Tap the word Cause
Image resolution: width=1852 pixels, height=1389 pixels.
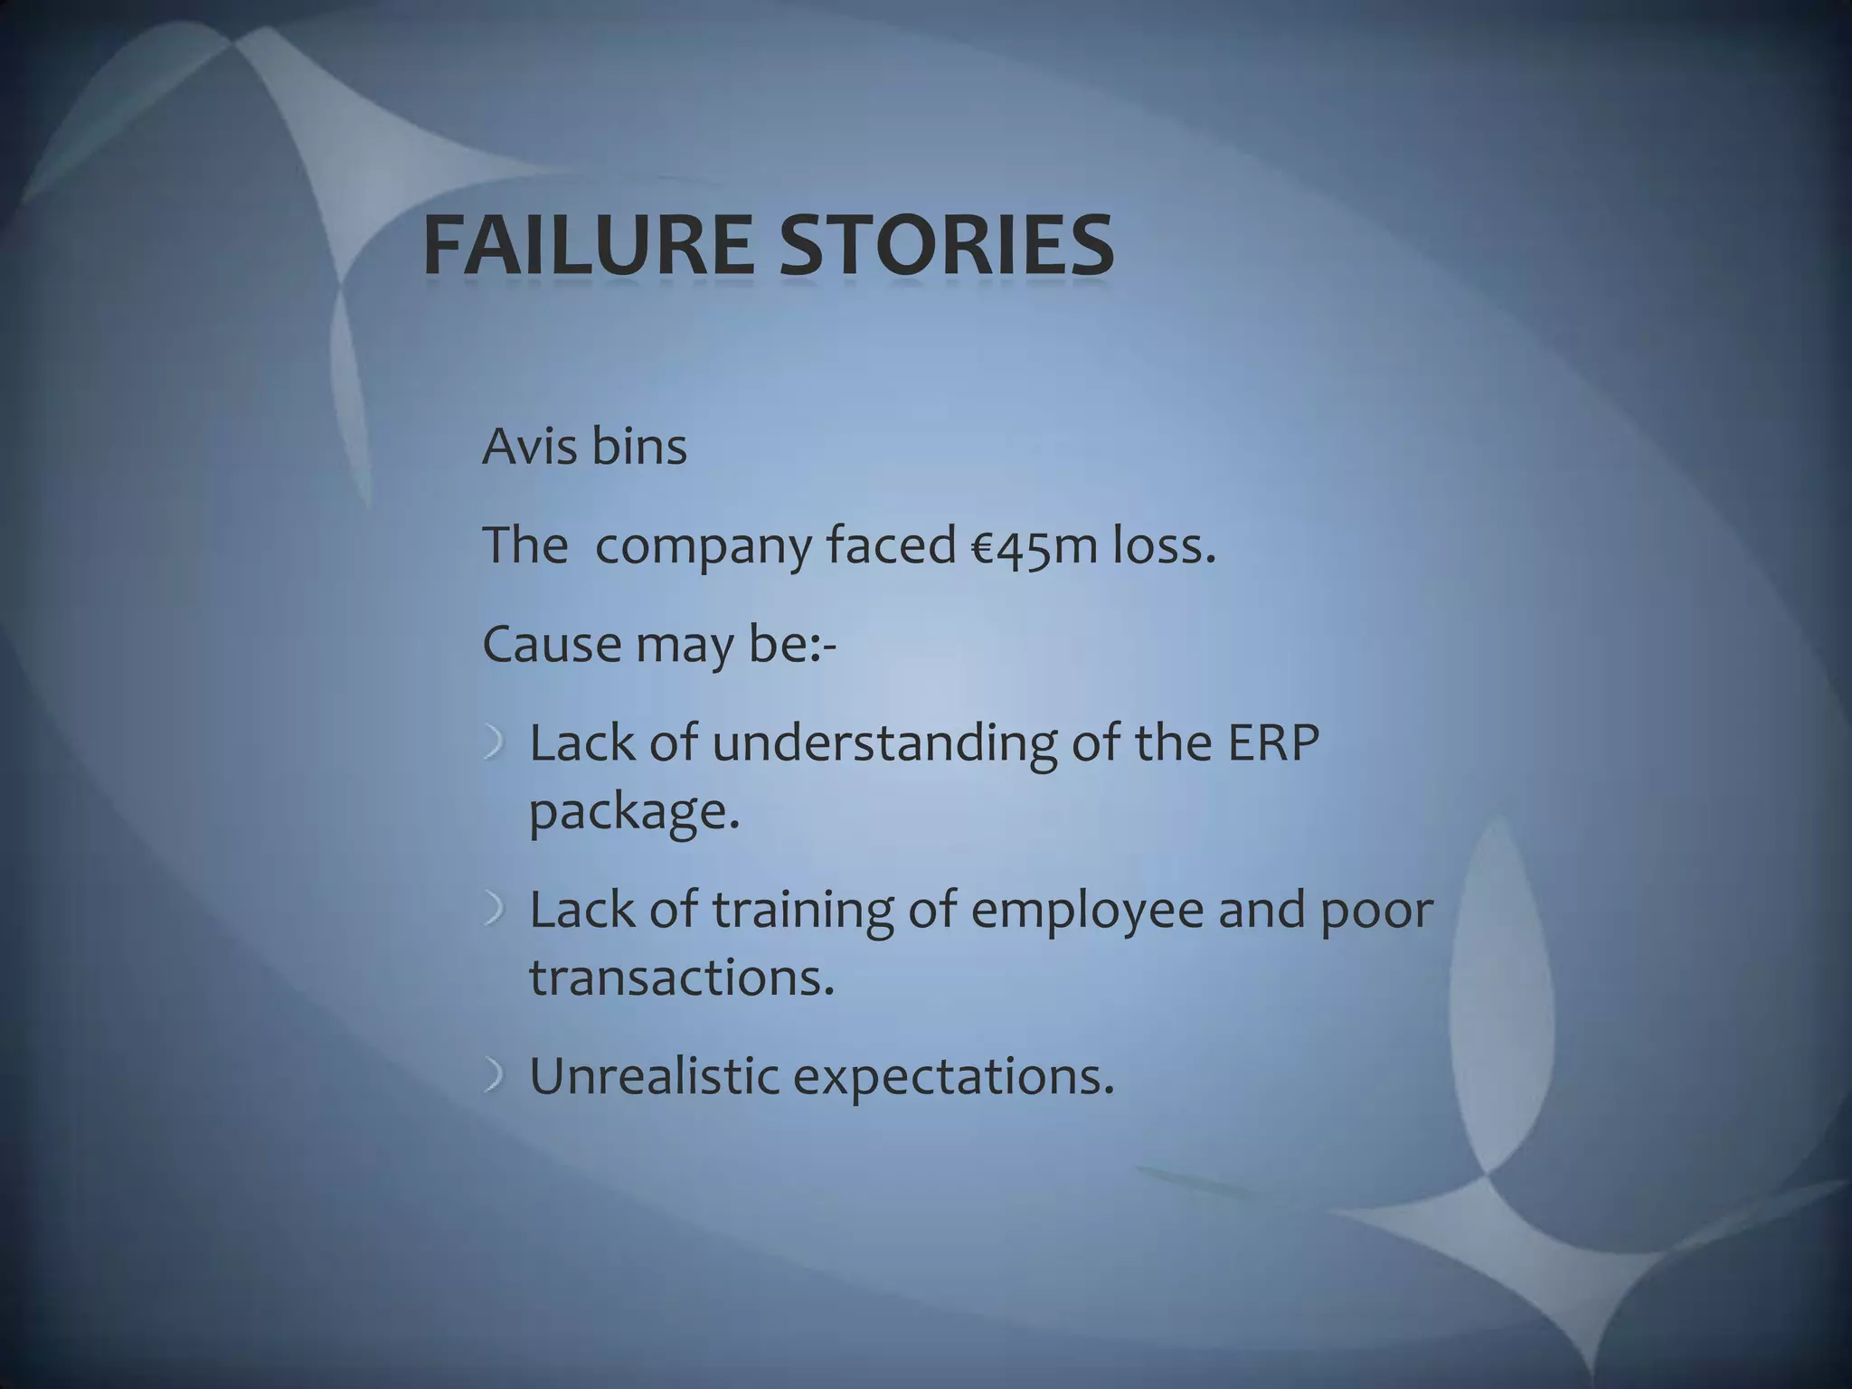(x=552, y=646)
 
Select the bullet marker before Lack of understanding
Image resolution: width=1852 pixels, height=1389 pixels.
(x=494, y=744)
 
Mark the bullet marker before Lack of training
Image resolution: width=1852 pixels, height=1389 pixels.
(x=494, y=910)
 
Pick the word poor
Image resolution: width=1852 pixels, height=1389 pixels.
(x=1376, y=912)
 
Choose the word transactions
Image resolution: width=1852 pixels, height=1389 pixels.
(x=681, y=978)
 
